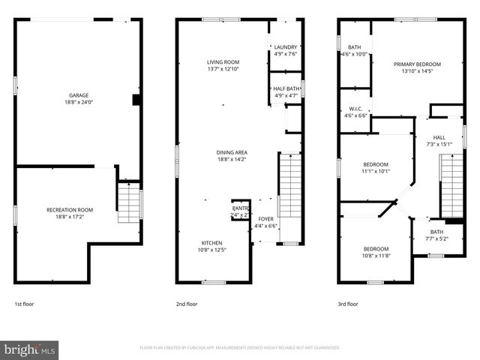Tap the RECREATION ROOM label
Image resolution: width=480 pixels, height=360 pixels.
(x=70, y=209)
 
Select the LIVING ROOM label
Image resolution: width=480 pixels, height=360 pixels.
(x=223, y=61)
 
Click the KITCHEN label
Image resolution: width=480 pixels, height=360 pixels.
(x=211, y=242)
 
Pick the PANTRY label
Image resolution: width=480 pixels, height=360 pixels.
(x=240, y=208)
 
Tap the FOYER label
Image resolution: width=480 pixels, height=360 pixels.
(x=266, y=219)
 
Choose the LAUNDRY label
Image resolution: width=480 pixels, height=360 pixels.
(x=286, y=46)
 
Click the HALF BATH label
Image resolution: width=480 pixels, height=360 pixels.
(x=286, y=88)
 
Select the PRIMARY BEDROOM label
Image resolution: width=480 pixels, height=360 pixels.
(x=417, y=64)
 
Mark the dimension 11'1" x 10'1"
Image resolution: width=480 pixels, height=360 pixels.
(x=376, y=171)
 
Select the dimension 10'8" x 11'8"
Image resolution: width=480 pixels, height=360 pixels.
(x=376, y=256)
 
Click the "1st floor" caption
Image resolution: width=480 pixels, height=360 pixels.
(x=24, y=304)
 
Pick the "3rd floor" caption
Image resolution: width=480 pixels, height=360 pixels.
(x=347, y=304)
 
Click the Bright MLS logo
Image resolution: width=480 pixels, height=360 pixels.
(x=30, y=349)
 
